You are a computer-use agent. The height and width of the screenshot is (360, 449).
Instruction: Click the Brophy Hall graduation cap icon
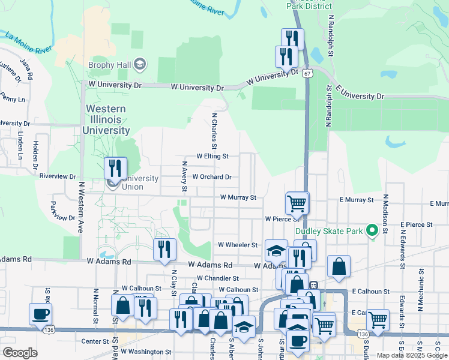pyautogui.click(x=140, y=64)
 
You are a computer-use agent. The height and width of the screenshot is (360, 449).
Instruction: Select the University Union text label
pyautogui.click(x=140, y=182)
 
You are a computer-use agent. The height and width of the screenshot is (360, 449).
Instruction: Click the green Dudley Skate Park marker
pyautogui.click(x=372, y=230)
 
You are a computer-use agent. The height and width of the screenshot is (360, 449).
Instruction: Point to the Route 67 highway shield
pyautogui.click(x=307, y=73)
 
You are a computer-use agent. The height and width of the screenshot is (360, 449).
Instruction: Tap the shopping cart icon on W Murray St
pyautogui.click(x=297, y=203)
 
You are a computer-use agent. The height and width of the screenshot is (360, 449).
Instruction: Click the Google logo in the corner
pyautogui.click(x=20, y=352)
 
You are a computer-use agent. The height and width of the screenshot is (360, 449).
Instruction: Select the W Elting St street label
pyautogui.click(x=212, y=156)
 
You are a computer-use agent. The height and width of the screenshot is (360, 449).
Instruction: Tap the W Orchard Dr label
pyautogui.click(x=211, y=177)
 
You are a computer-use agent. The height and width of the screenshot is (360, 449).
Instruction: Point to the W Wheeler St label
pyautogui.click(x=237, y=245)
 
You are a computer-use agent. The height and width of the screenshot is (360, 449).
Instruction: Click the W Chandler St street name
pyautogui.click(x=214, y=278)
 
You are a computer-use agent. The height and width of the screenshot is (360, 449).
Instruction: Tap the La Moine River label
pyautogui.click(x=26, y=42)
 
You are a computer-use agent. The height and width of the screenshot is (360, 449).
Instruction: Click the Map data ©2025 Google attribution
pyautogui.click(x=412, y=355)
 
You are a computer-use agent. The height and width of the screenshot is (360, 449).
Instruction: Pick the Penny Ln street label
pyautogui.click(x=12, y=98)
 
